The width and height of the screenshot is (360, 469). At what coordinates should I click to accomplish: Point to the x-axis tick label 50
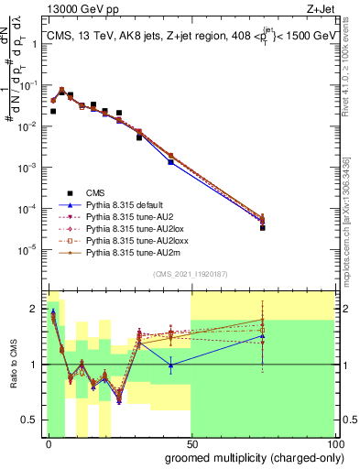point(191,442)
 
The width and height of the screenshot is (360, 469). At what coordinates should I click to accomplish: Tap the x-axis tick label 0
point(49,442)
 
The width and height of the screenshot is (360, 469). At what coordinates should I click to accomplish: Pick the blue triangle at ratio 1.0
point(171,365)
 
